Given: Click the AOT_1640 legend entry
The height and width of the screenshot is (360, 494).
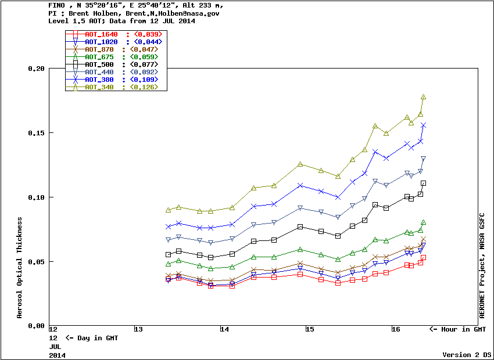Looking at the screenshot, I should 101,35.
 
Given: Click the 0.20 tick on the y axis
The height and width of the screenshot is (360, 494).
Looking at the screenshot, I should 36,69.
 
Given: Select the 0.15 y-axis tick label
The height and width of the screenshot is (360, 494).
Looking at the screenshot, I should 36,133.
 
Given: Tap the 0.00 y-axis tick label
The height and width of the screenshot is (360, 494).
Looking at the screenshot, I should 36,326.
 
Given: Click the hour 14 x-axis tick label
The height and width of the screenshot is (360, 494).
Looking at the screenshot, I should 224,330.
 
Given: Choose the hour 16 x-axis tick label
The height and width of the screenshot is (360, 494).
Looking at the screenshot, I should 395,330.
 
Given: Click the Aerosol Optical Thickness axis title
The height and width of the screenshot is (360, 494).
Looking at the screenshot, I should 20,268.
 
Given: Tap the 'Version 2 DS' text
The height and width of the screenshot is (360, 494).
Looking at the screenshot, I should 467,355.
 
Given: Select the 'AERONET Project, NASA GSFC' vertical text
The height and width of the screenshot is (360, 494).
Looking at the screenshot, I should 482,263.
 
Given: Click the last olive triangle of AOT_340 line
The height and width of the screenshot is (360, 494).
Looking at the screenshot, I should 424,97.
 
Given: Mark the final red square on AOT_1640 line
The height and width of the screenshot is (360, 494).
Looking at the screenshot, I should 424,257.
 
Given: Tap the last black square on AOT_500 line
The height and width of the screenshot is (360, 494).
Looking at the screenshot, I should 424,183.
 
